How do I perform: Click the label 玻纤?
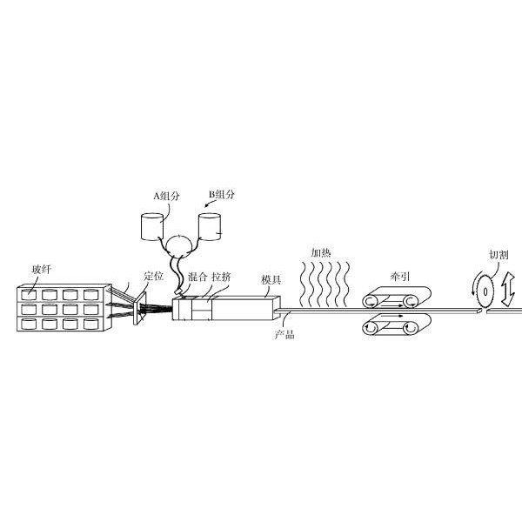click(41, 270)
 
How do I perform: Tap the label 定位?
click(154, 276)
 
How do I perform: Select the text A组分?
click(166, 196)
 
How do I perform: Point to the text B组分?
click(222, 194)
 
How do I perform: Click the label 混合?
click(197, 277)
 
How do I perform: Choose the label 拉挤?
click(221, 277)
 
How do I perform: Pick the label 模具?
click(271, 279)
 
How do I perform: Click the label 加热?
click(321, 252)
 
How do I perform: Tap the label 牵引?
click(400, 277)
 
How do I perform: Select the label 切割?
click(499, 255)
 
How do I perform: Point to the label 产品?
click(284, 334)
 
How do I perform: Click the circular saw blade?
click(485, 292)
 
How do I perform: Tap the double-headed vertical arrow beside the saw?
click(508, 289)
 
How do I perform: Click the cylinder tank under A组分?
click(152, 227)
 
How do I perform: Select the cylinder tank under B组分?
click(210, 227)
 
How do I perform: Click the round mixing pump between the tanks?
click(180, 247)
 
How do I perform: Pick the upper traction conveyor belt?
click(397, 298)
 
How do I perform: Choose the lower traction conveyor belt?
click(397, 325)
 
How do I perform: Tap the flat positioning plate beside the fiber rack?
click(140, 308)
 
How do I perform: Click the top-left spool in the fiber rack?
click(29, 295)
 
